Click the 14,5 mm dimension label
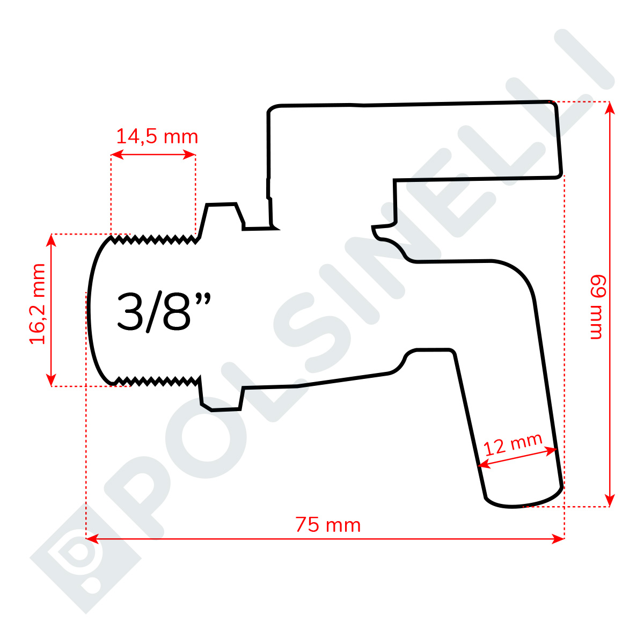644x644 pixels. [157, 137]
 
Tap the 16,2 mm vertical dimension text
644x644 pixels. [37, 304]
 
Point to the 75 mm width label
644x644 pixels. [328, 525]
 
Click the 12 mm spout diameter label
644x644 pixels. [513, 444]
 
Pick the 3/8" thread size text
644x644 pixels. [164, 312]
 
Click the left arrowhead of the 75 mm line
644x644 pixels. [92, 538]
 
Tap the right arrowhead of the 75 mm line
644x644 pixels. [558, 538]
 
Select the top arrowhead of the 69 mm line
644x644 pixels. [610, 108]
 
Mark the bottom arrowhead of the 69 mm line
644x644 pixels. [610, 500]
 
